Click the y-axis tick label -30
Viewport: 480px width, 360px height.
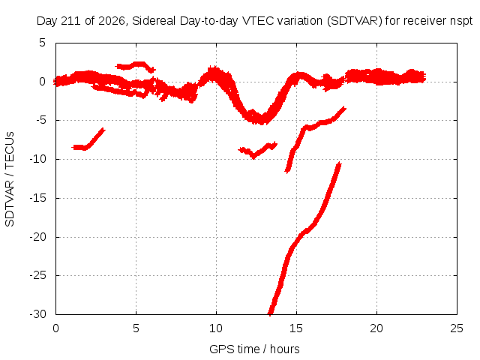[x=37, y=314]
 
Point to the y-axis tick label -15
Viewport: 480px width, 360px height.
[x=37, y=198]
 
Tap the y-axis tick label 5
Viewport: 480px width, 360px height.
[x=42, y=43]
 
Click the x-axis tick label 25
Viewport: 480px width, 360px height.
[x=457, y=328]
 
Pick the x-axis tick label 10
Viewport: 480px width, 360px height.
[x=216, y=328]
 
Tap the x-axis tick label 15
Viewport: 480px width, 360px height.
[x=296, y=328]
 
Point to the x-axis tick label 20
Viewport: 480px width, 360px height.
[x=376, y=328]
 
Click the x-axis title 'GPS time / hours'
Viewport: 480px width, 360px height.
[x=254, y=349]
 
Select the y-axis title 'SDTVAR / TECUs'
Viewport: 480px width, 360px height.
[x=10, y=179]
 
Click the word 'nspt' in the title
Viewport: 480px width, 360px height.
[x=461, y=21]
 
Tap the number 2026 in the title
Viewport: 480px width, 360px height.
[x=112, y=21]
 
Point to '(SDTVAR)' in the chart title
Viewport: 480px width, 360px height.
[x=355, y=21]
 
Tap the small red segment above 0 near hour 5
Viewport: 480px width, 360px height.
[x=135, y=67]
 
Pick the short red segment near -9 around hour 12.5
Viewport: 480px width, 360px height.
[x=258, y=150]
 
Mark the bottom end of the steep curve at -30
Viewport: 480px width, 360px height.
[x=270, y=313]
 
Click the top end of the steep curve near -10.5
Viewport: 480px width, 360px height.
[x=339, y=163]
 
